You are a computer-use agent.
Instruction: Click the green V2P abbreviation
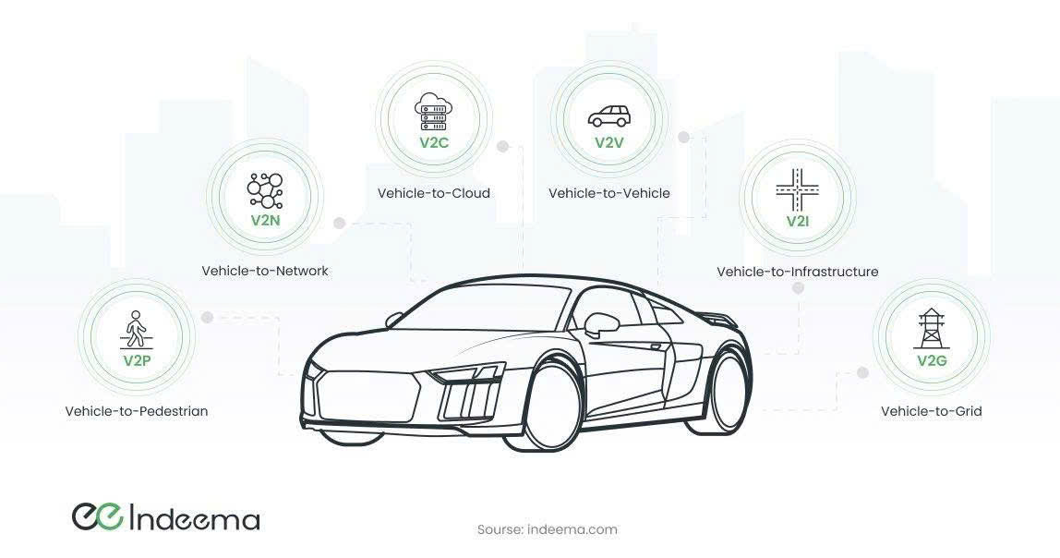(x=137, y=360)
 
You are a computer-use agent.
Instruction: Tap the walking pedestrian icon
(x=136, y=330)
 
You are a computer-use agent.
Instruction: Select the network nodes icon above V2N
(x=265, y=190)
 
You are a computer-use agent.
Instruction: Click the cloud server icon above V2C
(x=433, y=112)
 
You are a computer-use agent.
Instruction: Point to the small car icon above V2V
(x=609, y=116)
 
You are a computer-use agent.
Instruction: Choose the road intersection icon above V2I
(x=798, y=189)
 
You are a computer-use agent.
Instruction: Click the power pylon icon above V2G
(x=931, y=329)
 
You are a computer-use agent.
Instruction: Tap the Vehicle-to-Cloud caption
(x=433, y=193)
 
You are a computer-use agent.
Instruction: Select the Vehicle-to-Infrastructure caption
(x=798, y=272)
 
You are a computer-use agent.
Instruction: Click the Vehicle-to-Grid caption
(x=931, y=410)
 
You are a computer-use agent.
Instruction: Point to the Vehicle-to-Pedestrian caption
(x=137, y=410)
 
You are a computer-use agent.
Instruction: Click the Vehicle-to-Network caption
(x=265, y=271)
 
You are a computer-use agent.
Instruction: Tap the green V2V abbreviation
(x=609, y=142)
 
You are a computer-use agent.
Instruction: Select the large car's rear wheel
(x=727, y=391)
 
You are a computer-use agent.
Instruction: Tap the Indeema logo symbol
(x=97, y=516)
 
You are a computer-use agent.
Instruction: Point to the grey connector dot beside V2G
(x=861, y=372)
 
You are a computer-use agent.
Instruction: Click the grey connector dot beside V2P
(x=208, y=317)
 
